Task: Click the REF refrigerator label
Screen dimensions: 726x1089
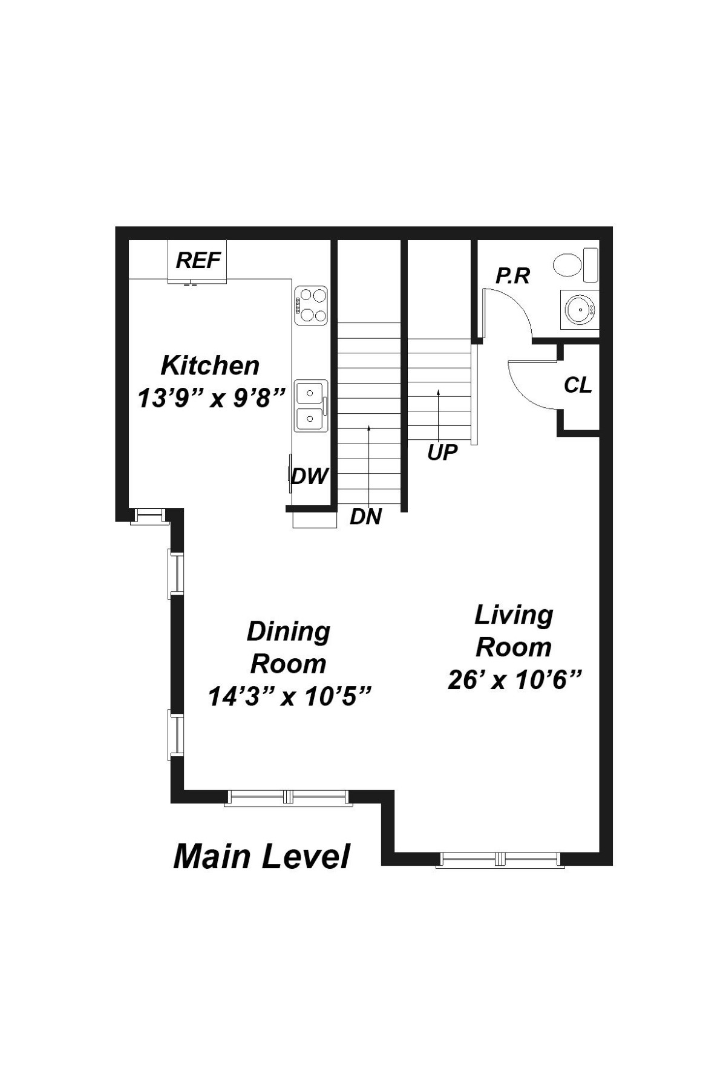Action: [198, 261]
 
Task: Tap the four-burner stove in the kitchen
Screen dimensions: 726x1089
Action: [311, 306]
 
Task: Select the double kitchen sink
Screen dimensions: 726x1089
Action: [311, 406]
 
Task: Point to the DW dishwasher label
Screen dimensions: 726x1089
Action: [309, 476]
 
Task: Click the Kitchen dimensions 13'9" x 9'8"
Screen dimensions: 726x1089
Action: [211, 398]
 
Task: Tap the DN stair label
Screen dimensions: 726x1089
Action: [365, 517]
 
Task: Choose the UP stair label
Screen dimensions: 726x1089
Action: [442, 453]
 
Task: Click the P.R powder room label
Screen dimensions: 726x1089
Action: [512, 276]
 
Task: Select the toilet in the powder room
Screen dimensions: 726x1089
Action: [575, 264]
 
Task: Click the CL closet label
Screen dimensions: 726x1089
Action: [578, 385]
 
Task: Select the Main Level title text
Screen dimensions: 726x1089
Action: [261, 857]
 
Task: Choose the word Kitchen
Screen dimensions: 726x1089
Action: [210, 365]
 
